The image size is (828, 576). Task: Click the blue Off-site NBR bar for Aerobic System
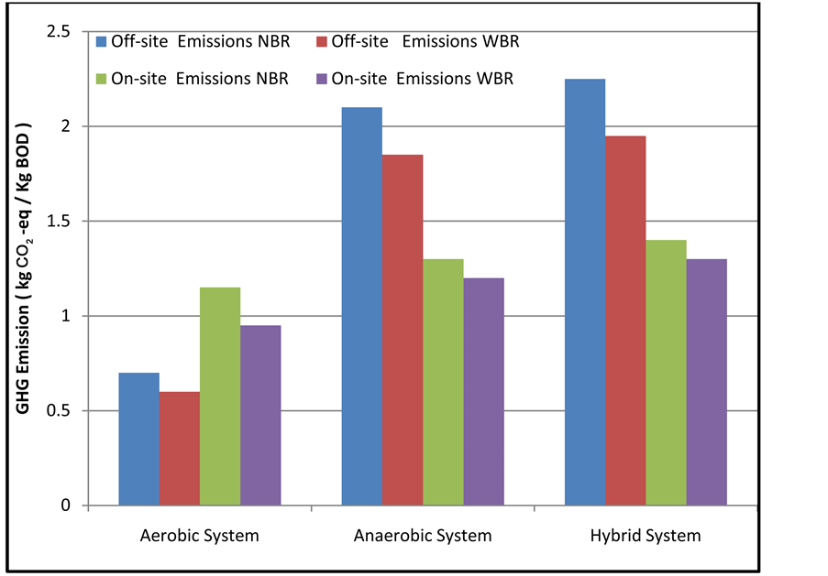tap(139, 439)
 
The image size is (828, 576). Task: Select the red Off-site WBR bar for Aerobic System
tap(180, 449)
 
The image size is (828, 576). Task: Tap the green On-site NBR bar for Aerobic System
tap(220, 397)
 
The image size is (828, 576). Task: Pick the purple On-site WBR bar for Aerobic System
tap(260, 415)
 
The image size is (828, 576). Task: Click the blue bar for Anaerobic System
tap(362, 306)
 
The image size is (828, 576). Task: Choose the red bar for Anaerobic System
tap(403, 330)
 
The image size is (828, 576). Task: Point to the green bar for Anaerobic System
tap(443, 382)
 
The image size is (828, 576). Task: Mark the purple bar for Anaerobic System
tap(483, 391)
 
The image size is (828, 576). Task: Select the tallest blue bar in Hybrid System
tap(585, 292)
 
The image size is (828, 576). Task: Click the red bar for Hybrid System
tap(625, 321)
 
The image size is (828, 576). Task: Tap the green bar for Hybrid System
tap(666, 373)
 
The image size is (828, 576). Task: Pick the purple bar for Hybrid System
tap(706, 382)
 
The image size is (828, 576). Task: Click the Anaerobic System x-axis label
tap(423, 536)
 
